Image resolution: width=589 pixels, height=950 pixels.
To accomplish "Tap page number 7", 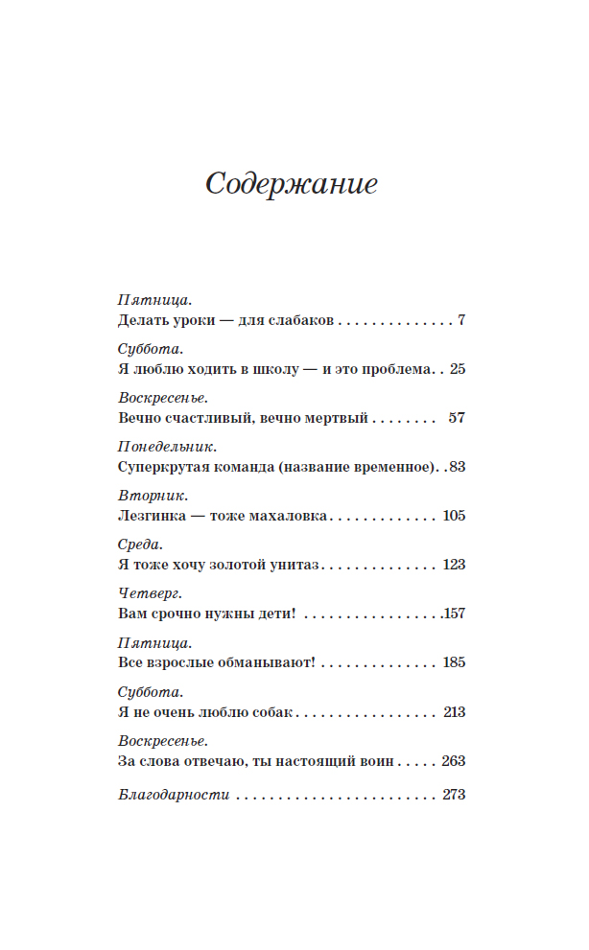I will [x=461, y=320].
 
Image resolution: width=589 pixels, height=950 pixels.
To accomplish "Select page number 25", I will [x=457, y=369].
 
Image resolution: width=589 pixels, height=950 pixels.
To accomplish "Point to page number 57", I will [x=457, y=418].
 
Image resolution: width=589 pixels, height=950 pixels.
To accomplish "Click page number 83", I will [x=457, y=467].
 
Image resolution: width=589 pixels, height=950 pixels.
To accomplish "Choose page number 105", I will [x=454, y=516].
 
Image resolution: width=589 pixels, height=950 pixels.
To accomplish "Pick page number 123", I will [x=454, y=565].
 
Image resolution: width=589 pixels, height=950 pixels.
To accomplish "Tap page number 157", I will [x=454, y=614].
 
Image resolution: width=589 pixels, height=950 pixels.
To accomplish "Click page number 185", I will [x=454, y=662].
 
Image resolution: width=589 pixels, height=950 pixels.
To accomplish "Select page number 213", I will [x=454, y=711].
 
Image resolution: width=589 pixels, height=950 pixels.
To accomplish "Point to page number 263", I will [x=454, y=760].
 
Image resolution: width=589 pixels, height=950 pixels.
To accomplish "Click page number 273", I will [x=454, y=795].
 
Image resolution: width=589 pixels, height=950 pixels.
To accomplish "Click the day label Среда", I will [x=140, y=545].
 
